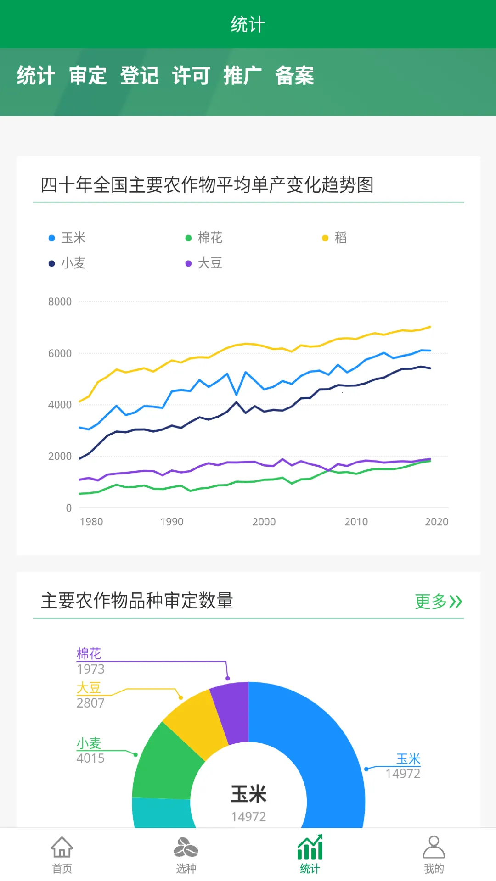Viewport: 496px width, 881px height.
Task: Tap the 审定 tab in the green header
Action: [88, 76]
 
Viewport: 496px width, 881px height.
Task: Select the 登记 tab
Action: [140, 76]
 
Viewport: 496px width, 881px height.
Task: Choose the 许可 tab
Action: [191, 76]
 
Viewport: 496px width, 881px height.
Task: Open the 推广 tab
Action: [242, 76]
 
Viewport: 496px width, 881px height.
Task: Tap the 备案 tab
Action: [294, 76]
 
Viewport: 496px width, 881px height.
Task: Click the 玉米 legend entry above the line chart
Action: [68, 238]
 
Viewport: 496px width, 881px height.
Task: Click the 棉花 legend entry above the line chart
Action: [204, 238]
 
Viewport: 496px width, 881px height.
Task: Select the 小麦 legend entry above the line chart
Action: [68, 263]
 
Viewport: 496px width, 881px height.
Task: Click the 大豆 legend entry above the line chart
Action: [204, 263]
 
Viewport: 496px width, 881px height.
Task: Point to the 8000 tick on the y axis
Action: [60, 302]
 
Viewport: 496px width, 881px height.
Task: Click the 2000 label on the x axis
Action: [264, 522]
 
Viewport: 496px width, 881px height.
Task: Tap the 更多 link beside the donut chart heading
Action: [438, 601]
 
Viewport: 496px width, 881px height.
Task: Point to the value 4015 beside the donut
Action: [90, 758]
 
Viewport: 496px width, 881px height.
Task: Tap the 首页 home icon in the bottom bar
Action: [62, 853]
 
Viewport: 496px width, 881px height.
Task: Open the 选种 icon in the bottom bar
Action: [186, 853]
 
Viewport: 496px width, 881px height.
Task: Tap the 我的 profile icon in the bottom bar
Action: [434, 853]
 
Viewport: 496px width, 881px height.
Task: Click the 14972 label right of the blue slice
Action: [403, 774]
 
